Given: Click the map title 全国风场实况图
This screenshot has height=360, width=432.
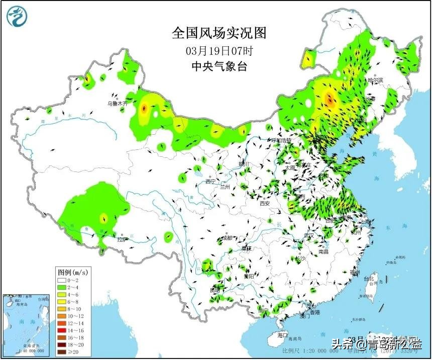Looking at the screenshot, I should (219, 33).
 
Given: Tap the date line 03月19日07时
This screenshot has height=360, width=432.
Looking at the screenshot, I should (219, 51).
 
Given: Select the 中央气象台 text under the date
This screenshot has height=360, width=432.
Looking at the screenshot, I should (219, 66).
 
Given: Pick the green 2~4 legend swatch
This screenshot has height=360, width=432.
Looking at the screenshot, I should (62, 287).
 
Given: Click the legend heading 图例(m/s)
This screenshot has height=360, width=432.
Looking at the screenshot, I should (72, 272).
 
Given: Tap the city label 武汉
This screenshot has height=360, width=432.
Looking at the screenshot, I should (309, 235).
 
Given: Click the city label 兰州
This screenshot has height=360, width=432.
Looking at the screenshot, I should (225, 187).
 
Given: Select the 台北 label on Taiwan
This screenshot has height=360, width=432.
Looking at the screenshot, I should (369, 279).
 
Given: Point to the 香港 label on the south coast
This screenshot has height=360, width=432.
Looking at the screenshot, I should (314, 312).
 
